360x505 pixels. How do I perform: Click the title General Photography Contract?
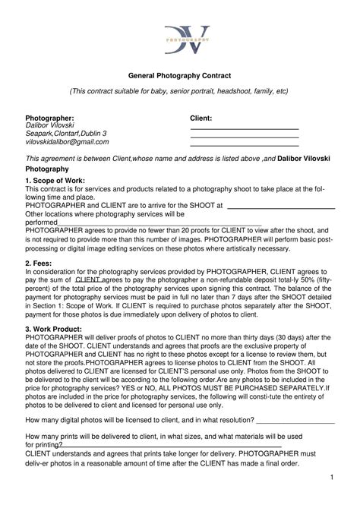pos(180,76)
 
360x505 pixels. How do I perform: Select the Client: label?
pos(201,118)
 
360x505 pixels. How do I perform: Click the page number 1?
pos(332,476)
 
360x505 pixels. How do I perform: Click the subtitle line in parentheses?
pos(180,90)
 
